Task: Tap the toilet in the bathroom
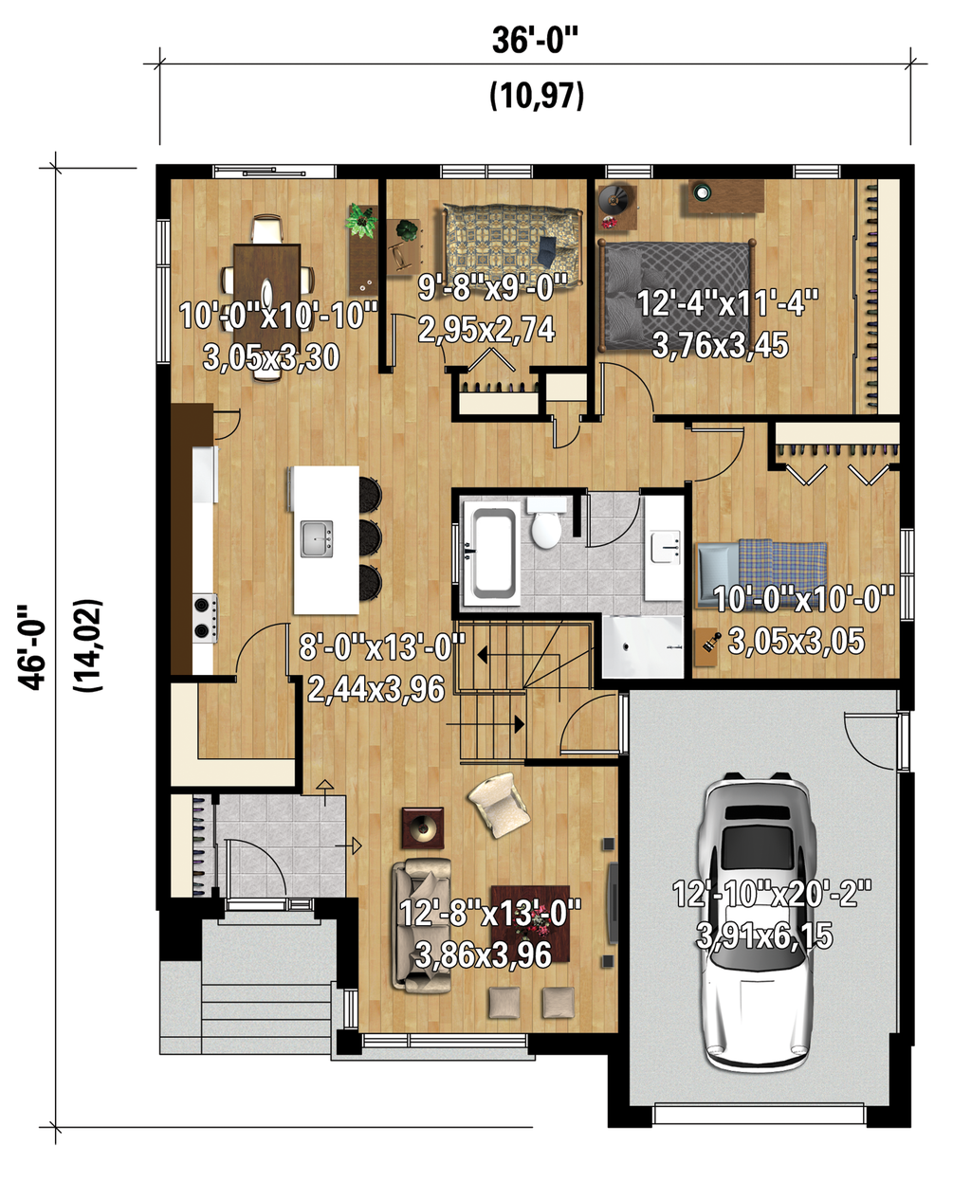[546, 526]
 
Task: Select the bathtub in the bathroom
[491, 554]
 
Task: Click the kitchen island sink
[317, 538]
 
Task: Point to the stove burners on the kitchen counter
[204, 617]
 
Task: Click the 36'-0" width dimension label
[535, 41]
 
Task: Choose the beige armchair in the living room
[499, 805]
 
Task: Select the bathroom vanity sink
[664, 547]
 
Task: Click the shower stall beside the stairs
[642, 646]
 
